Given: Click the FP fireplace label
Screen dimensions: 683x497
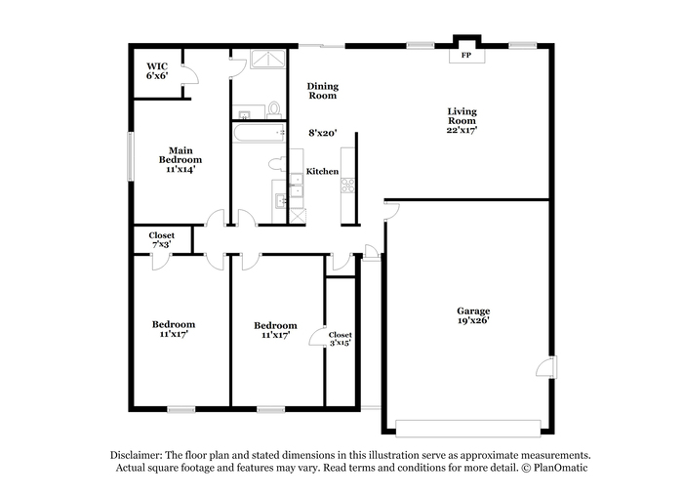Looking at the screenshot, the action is [466, 56].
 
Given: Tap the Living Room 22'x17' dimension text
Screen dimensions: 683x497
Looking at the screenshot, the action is [462, 130].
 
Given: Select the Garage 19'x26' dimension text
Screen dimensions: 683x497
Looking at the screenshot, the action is [473, 320].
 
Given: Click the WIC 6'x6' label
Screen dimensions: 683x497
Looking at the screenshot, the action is [157, 71].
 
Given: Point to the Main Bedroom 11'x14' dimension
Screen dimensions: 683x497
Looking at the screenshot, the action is [181, 169].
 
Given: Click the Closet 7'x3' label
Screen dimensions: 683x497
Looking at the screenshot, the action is [161, 240].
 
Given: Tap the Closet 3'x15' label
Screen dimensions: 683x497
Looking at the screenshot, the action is [341, 339].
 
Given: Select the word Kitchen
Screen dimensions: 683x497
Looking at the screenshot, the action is [322, 171].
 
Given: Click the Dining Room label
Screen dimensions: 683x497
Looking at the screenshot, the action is [323, 91].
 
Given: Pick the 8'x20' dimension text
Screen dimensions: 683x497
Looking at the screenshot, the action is [323, 133].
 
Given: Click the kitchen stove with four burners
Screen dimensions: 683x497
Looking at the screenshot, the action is [347, 185].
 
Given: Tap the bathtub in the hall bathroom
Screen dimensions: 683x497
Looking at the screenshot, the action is [259, 134].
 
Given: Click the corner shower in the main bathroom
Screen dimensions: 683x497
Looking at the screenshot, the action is [268, 59].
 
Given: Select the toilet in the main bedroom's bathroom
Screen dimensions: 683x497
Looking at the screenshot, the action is [274, 110].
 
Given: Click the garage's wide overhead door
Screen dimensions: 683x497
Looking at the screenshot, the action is [468, 428].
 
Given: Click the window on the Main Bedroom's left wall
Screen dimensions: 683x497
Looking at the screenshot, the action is [130, 156].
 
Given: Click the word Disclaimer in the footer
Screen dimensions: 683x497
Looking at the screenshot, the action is [136, 456].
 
